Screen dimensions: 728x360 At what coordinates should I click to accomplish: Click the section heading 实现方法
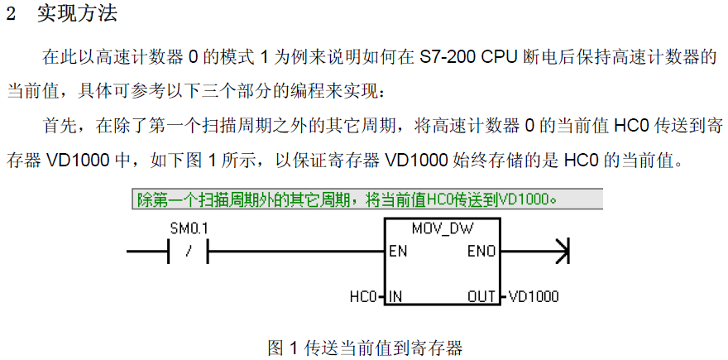tap(77, 14)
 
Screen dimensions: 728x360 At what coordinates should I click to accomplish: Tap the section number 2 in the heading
tap(11, 15)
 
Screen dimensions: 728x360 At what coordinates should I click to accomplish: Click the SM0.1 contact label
tap(189, 228)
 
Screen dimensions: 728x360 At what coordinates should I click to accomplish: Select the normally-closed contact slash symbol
tap(188, 252)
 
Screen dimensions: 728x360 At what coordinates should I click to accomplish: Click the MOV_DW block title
tap(442, 228)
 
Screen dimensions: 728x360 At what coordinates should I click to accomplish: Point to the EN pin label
tap(399, 252)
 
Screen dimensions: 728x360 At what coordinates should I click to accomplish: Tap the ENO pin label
tap(481, 252)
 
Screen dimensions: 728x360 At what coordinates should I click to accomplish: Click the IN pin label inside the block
tap(395, 296)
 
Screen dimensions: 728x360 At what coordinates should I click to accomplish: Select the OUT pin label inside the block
tap(481, 296)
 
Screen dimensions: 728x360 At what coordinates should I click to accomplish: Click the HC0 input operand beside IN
tap(363, 296)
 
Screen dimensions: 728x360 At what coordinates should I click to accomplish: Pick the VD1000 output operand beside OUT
tap(534, 296)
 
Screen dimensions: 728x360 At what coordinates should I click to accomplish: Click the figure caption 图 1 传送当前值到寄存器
tap(366, 348)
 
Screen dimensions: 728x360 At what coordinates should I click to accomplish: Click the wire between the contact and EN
tap(296, 252)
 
